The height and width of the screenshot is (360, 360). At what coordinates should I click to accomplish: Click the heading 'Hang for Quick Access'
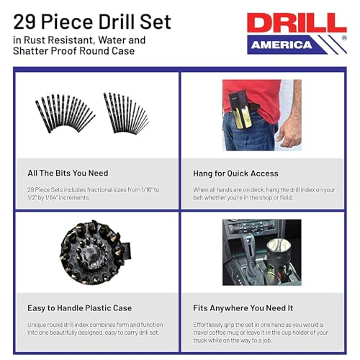235,174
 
